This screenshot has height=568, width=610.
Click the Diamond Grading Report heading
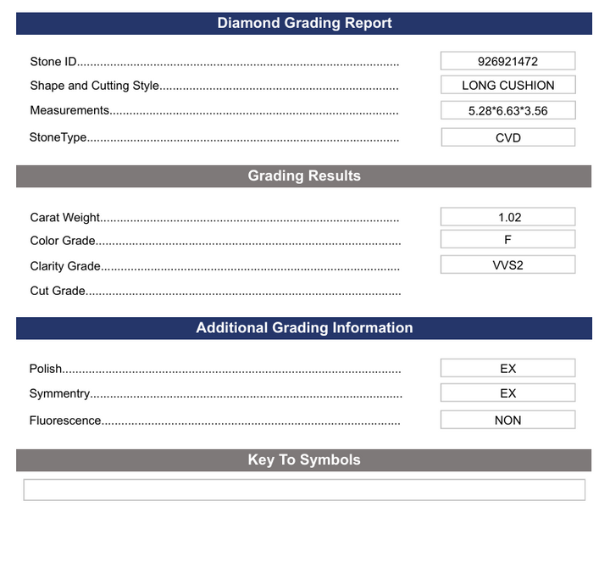[x=304, y=23]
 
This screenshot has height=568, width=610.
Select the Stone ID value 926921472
[x=507, y=61]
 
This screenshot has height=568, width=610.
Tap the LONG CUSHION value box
[x=507, y=85]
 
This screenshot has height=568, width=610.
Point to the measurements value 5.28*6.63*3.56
[x=507, y=110]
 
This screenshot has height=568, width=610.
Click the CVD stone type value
[x=507, y=137]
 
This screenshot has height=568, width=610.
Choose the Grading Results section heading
[x=304, y=175]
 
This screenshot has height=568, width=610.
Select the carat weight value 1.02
[x=507, y=217]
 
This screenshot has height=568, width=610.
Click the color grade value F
[x=507, y=240]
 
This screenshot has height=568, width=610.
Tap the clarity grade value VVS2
[x=507, y=265]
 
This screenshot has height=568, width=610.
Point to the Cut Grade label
[x=58, y=291]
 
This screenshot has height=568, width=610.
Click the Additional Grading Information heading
[x=304, y=328]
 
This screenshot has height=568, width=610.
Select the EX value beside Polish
[x=507, y=369]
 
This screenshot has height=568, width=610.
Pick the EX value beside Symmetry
[x=507, y=393]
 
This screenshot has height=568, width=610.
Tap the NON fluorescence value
[x=507, y=420]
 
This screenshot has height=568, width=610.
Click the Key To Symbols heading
[x=304, y=459]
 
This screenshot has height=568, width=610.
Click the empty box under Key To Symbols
[x=304, y=490]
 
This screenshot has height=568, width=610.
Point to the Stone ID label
[x=53, y=61]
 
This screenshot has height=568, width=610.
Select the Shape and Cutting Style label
[x=94, y=86]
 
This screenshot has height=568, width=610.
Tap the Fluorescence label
[x=65, y=420]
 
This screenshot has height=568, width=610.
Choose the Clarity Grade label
[x=65, y=266]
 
